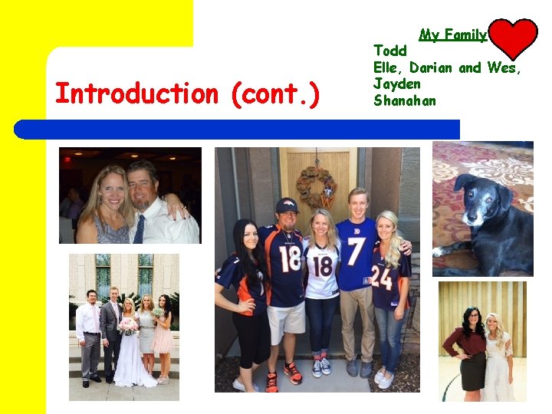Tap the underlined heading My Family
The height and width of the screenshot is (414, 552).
[452, 34]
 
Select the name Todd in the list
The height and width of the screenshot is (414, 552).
[390, 51]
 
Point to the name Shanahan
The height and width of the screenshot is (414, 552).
[404, 100]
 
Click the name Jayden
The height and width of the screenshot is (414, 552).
[396, 84]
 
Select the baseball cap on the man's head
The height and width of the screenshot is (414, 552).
[287, 205]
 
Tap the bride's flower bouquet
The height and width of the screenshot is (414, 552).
[128, 326]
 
